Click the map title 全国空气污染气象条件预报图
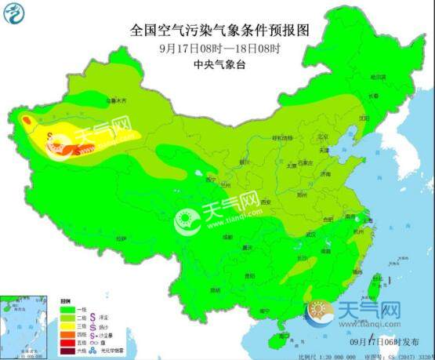tap(219, 31)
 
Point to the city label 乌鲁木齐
tap(117, 100)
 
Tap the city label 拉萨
tap(121, 237)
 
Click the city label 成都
tap(227, 235)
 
